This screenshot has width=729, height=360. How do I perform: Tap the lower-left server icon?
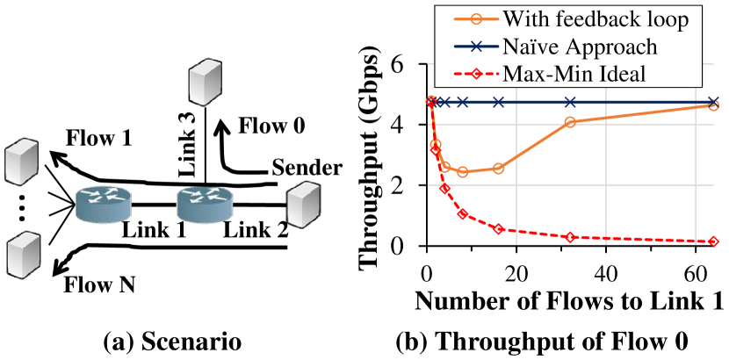(x=24, y=255)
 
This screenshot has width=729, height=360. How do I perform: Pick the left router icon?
(x=103, y=204)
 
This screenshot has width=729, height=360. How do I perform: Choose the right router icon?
(x=205, y=204)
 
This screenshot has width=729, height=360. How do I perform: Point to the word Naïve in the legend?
(x=536, y=46)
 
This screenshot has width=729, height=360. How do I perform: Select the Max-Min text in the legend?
(x=544, y=74)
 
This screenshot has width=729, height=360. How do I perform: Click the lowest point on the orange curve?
(x=463, y=172)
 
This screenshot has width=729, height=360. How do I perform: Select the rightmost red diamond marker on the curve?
(x=713, y=241)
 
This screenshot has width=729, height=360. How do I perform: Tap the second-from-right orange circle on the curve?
(x=570, y=122)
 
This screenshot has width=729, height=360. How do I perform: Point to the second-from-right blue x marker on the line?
(x=570, y=102)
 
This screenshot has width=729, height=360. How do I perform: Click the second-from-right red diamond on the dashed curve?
(x=571, y=237)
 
